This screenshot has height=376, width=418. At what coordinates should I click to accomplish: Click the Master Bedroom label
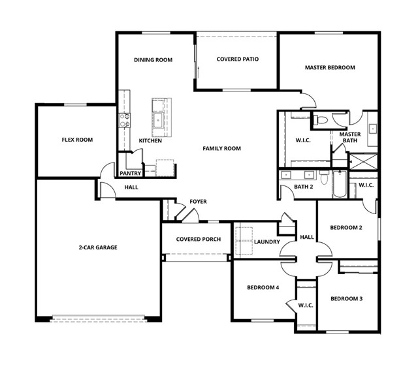click(330, 67)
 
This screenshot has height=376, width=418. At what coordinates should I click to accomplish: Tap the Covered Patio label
click(238, 59)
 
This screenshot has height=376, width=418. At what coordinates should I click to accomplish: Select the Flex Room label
click(77, 140)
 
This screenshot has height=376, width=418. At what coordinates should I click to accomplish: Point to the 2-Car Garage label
click(98, 247)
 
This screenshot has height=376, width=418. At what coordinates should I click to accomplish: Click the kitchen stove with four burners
click(125, 120)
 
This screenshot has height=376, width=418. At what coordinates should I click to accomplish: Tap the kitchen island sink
click(158, 120)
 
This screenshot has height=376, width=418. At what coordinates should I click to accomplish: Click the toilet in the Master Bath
click(320, 120)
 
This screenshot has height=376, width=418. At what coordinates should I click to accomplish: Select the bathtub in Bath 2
click(340, 184)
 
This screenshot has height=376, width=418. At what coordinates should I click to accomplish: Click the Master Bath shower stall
click(363, 161)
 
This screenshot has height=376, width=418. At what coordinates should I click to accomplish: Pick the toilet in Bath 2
click(324, 178)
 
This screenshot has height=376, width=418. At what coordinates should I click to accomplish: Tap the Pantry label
click(130, 173)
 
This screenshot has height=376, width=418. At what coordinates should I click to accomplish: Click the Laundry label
click(267, 242)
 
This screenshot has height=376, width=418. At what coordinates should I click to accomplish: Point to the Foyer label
click(198, 202)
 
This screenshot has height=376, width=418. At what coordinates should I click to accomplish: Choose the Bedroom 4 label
click(263, 287)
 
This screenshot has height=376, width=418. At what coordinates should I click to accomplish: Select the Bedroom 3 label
click(347, 299)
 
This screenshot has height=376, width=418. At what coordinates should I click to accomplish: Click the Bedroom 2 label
click(346, 228)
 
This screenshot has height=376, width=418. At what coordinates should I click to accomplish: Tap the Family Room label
click(222, 148)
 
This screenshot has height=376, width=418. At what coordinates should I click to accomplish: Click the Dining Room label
click(153, 59)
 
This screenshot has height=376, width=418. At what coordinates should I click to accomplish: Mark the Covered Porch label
click(199, 240)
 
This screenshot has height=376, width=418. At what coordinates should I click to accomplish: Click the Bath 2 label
click(303, 187)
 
